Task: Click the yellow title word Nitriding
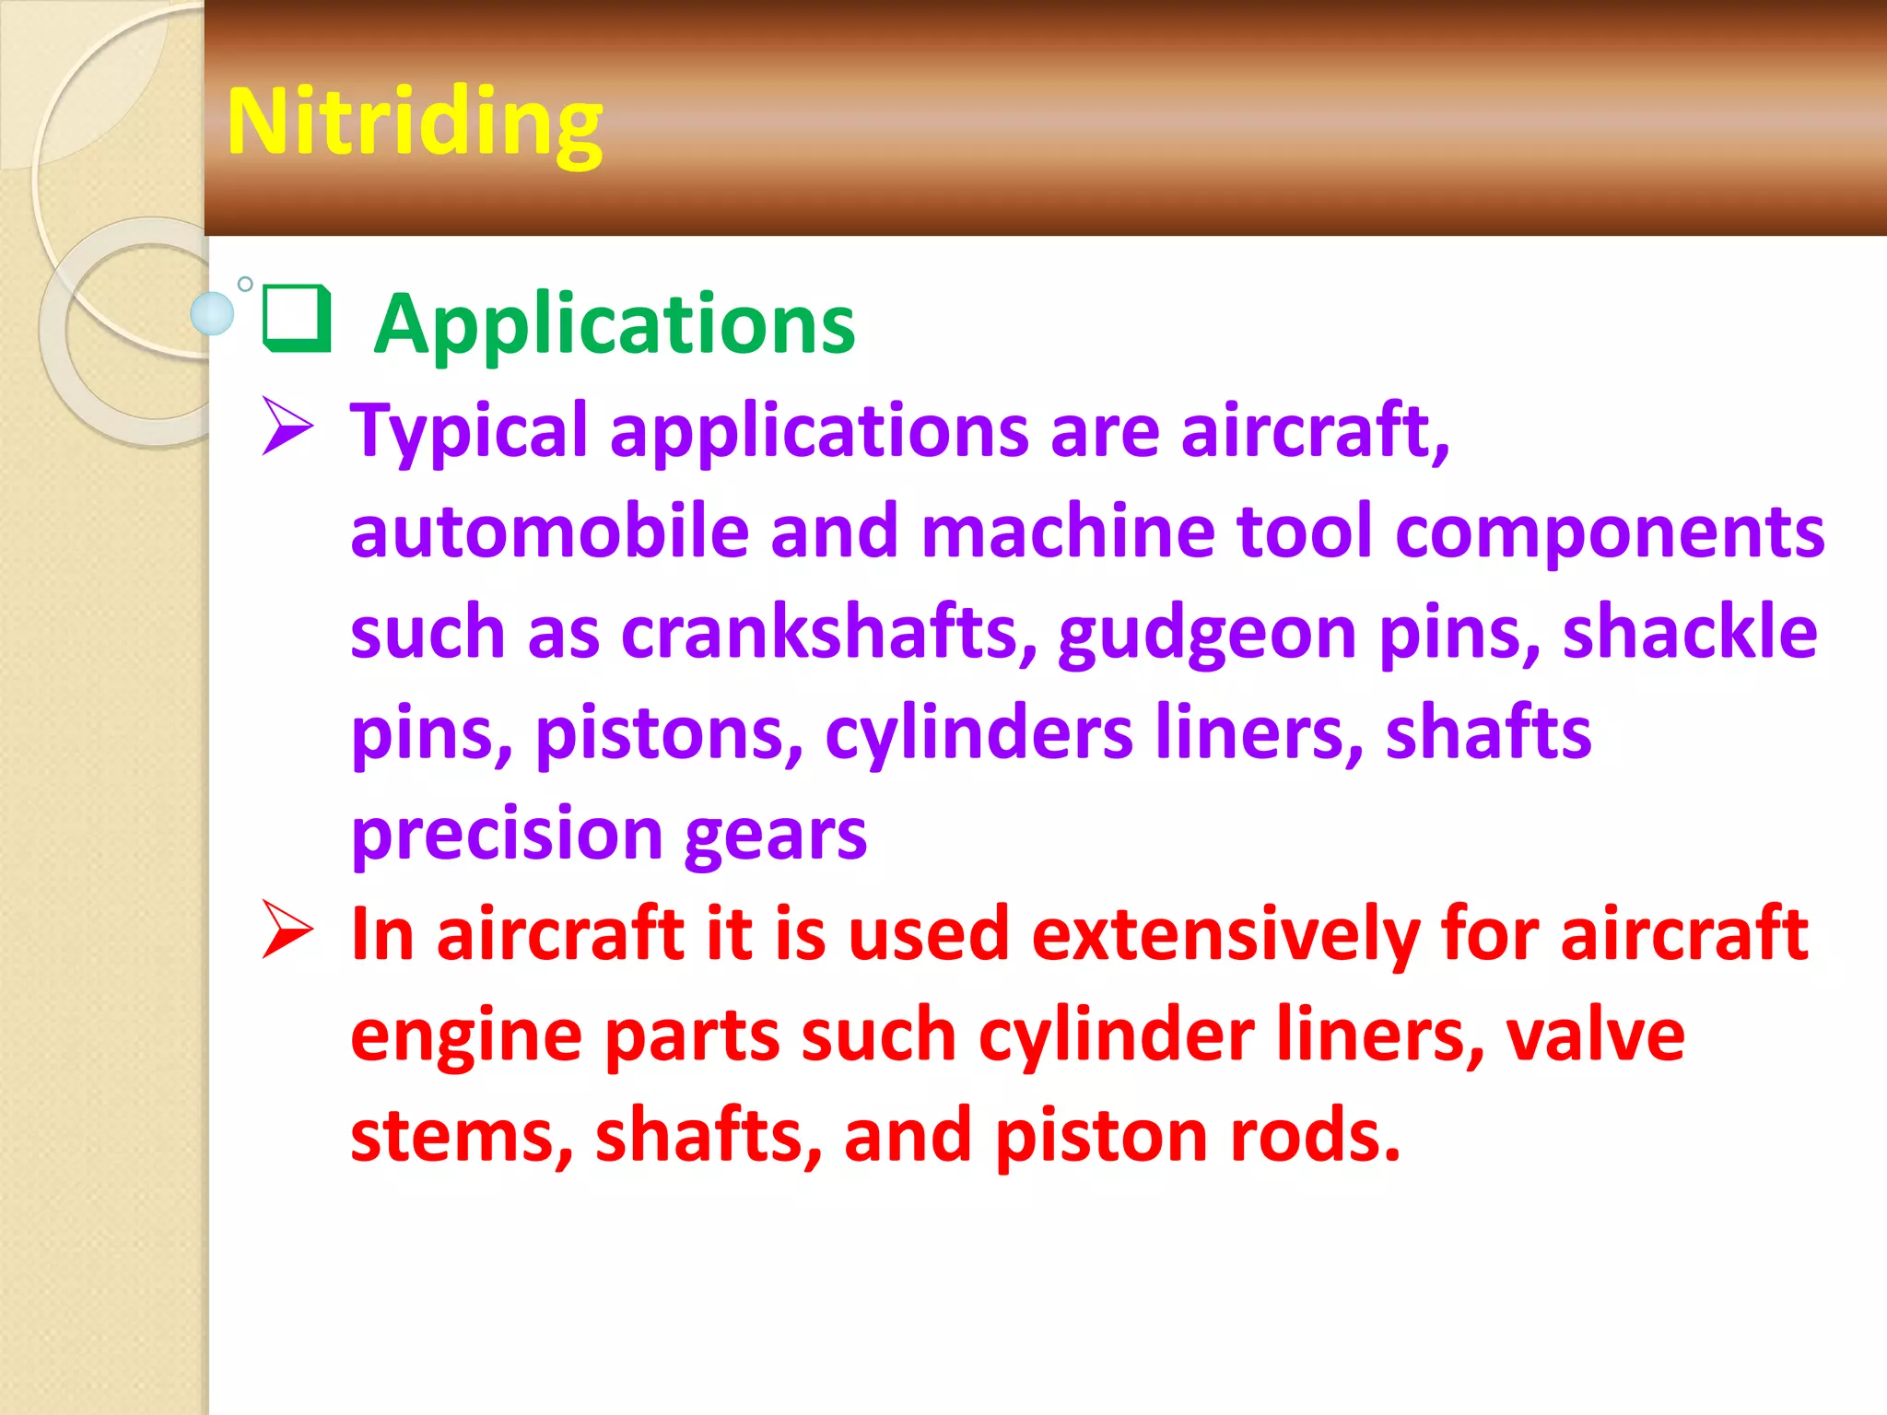pos(415,123)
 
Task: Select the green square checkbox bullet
pos(297,319)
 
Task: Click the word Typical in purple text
pos(468,431)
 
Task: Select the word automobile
pos(549,532)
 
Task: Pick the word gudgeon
pos(1207,635)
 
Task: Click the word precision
pos(507,835)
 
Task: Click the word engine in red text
pos(466,1037)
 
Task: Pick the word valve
pos(1595,1035)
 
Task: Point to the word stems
pos(462,1136)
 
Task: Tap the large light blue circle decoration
pos(213,313)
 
